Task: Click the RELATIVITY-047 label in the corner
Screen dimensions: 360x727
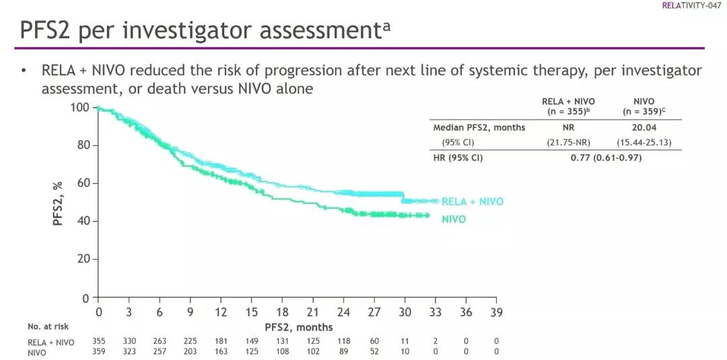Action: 691,5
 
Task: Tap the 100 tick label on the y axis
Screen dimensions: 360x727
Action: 79,108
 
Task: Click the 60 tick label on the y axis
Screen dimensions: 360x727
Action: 83,183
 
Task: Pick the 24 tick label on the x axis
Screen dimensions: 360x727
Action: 343,312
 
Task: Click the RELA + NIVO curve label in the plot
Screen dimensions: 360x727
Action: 473,202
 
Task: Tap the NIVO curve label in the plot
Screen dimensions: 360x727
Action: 454,219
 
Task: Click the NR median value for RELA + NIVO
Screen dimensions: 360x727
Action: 568,127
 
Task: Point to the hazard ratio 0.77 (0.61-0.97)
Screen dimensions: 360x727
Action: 606,157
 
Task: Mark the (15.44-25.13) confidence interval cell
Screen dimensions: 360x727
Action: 644,143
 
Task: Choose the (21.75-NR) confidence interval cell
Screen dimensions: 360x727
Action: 568,143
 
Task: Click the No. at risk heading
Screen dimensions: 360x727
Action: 48,326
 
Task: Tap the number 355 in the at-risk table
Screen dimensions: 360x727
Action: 99,342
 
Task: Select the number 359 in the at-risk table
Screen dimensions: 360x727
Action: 99,352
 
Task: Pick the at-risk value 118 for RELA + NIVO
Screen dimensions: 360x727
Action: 343,342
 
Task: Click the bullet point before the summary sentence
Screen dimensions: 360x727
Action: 24,71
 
